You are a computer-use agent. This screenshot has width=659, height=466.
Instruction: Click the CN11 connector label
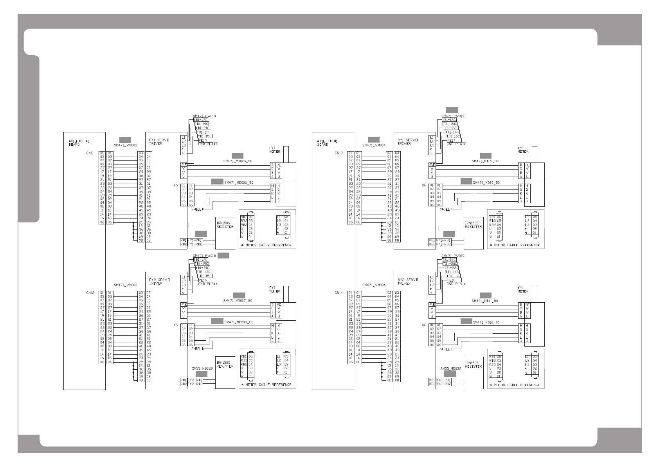(90, 153)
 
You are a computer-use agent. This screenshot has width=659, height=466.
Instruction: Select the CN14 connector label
(339, 293)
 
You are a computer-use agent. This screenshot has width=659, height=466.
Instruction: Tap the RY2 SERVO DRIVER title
(408, 281)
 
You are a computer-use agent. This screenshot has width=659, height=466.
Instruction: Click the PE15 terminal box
(203, 140)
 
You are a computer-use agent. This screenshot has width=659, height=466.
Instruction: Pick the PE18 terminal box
(451, 280)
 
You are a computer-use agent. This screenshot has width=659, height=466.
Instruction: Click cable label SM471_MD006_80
(239, 182)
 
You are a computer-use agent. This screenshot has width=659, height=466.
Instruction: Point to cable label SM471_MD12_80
(486, 322)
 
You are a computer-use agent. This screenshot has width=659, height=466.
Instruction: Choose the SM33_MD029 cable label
(202, 368)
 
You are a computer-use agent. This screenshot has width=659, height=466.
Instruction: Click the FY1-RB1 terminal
(195, 240)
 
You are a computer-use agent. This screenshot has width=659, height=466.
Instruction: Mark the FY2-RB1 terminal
(195, 380)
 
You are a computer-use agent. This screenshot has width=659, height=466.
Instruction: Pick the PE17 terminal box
(451, 140)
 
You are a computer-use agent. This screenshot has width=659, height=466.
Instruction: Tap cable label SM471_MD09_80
(485, 161)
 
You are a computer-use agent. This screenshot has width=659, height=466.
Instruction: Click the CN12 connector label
(90, 293)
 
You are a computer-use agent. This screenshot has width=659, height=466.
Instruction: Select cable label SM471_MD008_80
(239, 322)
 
